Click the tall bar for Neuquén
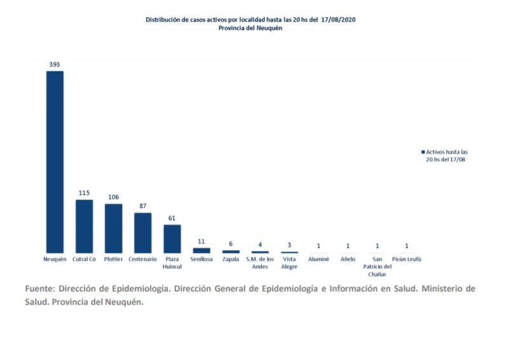(x=55, y=162)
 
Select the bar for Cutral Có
(x=84, y=226)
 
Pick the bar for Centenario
(x=143, y=233)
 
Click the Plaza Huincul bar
(x=172, y=239)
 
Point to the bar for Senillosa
(x=201, y=251)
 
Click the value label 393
(x=55, y=64)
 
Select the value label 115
(x=84, y=193)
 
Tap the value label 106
(x=113, y=197)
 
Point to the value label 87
(x=143, y=205)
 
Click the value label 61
(x=172, y=218)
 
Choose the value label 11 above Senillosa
(x=201, y=241)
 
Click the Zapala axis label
(x=231, y=260)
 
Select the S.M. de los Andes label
(x=260, y=263)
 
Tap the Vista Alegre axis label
(x=289, y=263)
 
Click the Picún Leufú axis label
(x=407, y=260)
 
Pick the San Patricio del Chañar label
(x=378, y=266)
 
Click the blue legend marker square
(x=423, y=153)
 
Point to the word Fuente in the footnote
(x=41, y=289)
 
